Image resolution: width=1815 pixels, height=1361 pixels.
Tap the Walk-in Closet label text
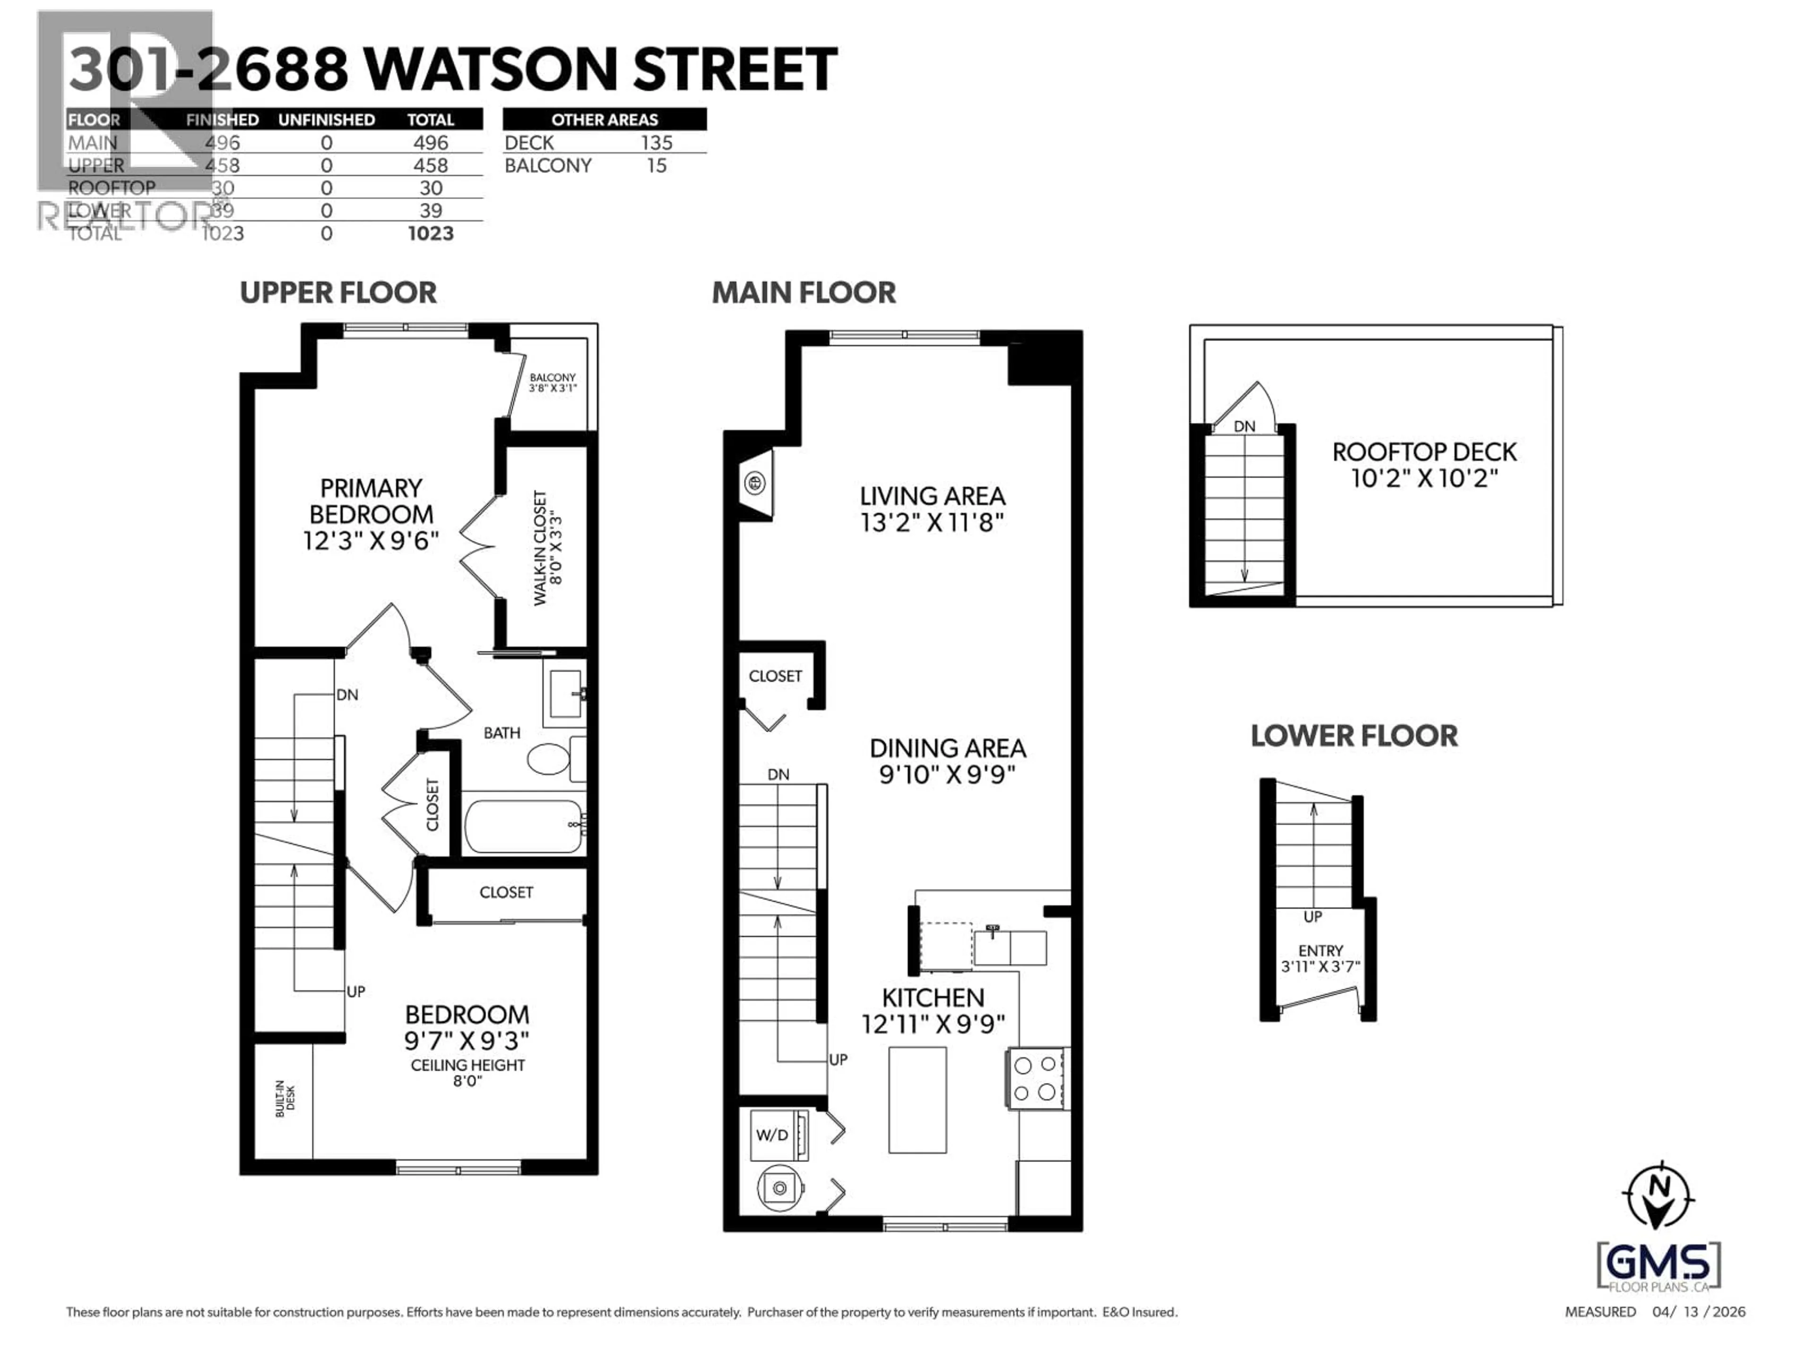pos(547,548)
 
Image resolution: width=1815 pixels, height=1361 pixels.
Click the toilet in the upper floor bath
pos(548,759)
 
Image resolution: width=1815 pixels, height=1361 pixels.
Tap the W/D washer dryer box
pos(772,1136)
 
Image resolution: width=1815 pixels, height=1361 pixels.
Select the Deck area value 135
pos(657,143)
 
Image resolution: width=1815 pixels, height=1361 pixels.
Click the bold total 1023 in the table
pos(431,234)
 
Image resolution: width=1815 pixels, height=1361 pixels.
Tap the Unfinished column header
pos(327,120)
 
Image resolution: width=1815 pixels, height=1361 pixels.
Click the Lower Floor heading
pos(1354,736)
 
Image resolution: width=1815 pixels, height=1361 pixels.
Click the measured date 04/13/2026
pos(1698,1312)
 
